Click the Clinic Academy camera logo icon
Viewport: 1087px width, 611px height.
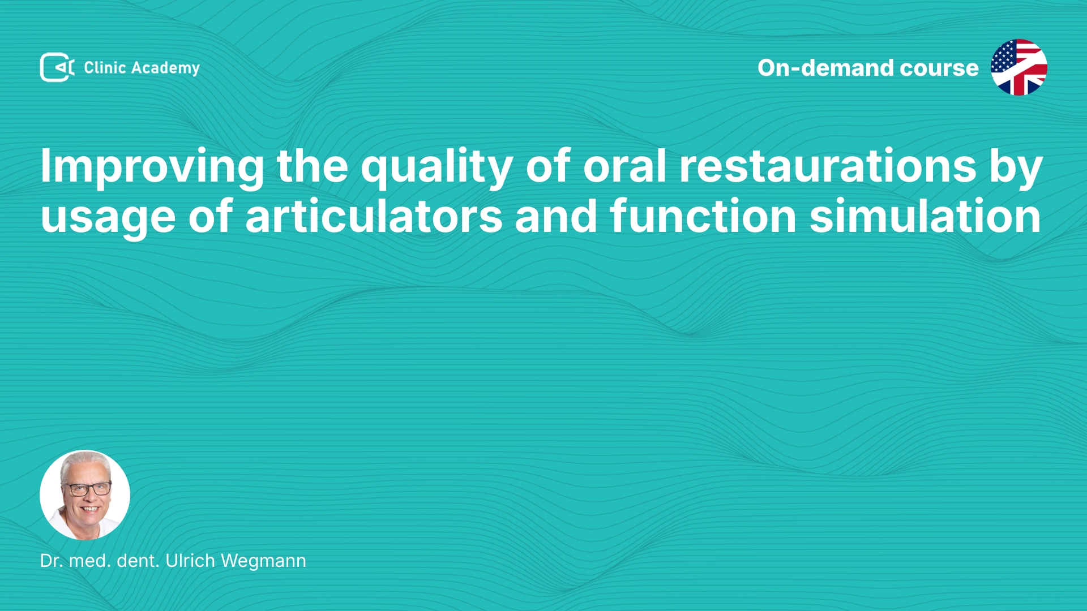pos(57,67)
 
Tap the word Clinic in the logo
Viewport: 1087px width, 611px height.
pos(105,67)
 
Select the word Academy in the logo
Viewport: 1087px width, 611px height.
pos(165,68)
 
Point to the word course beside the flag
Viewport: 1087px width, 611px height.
pos(939,68)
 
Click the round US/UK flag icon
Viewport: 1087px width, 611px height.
pos(1018,67)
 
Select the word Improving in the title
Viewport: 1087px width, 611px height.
pos(152,167)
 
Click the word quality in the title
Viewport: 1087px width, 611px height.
pos(437,167)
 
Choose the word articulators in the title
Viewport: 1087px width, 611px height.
pos(374,216)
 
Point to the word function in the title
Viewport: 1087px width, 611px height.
pos(703,216)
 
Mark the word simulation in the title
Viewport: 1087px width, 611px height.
pos(925,216)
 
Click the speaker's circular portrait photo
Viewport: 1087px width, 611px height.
pos(85,495)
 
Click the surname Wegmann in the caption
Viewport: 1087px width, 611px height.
pos(263,562)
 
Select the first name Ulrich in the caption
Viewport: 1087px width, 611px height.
pos(190,561)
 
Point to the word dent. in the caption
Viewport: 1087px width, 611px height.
pos(138,561)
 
